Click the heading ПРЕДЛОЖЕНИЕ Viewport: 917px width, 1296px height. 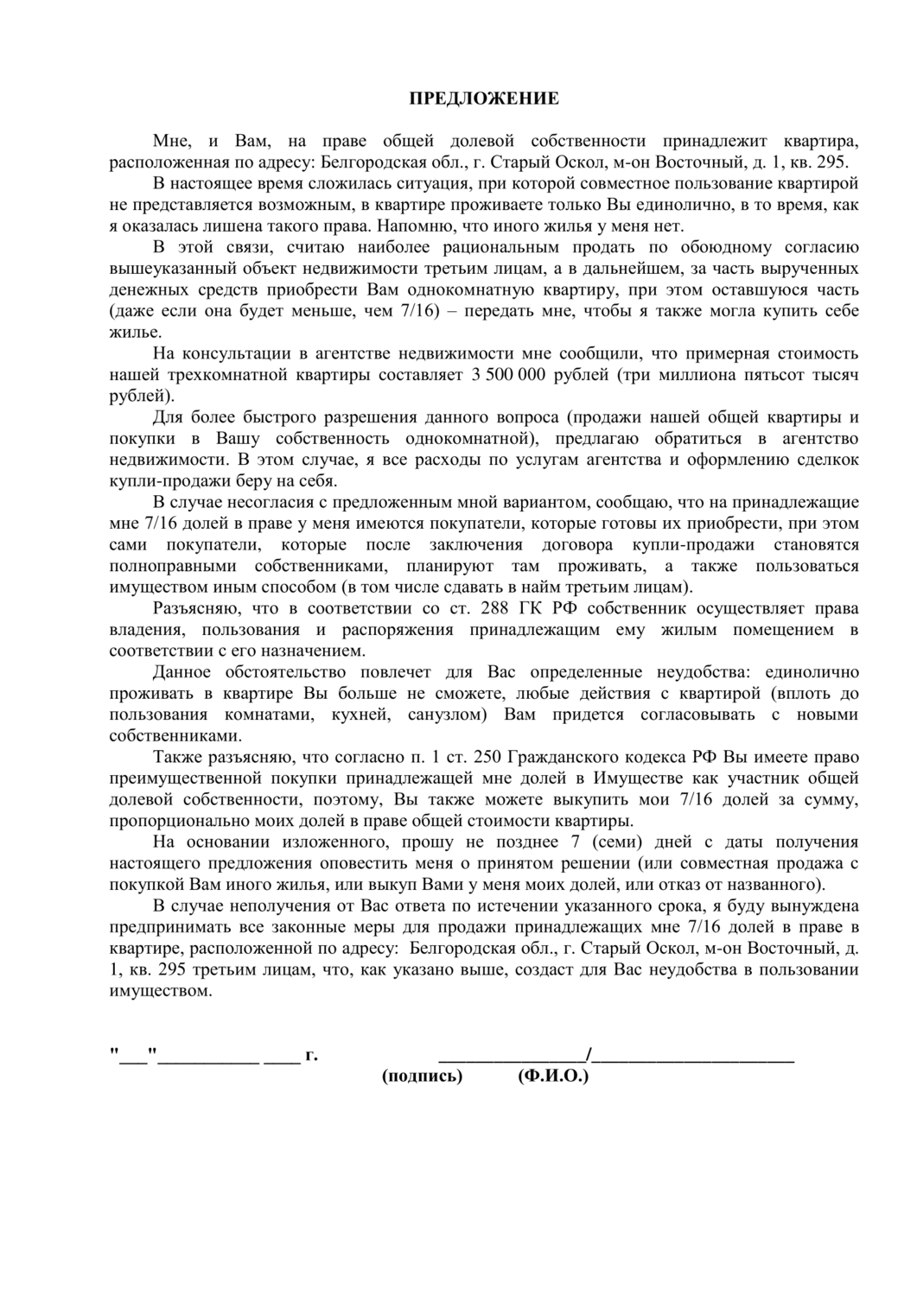pos(483,98)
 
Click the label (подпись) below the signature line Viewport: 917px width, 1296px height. pos(422,1076)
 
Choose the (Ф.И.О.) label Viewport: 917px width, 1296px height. pos(553,1076)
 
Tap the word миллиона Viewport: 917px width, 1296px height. pos(693,375)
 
